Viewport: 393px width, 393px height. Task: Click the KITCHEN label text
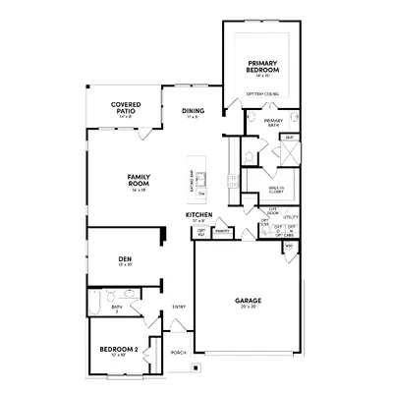click(199, 214)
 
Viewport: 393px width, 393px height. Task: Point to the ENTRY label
click(179, 307)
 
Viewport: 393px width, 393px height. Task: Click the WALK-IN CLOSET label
click(276, 189)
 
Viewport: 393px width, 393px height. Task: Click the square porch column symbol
click(195, 369)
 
